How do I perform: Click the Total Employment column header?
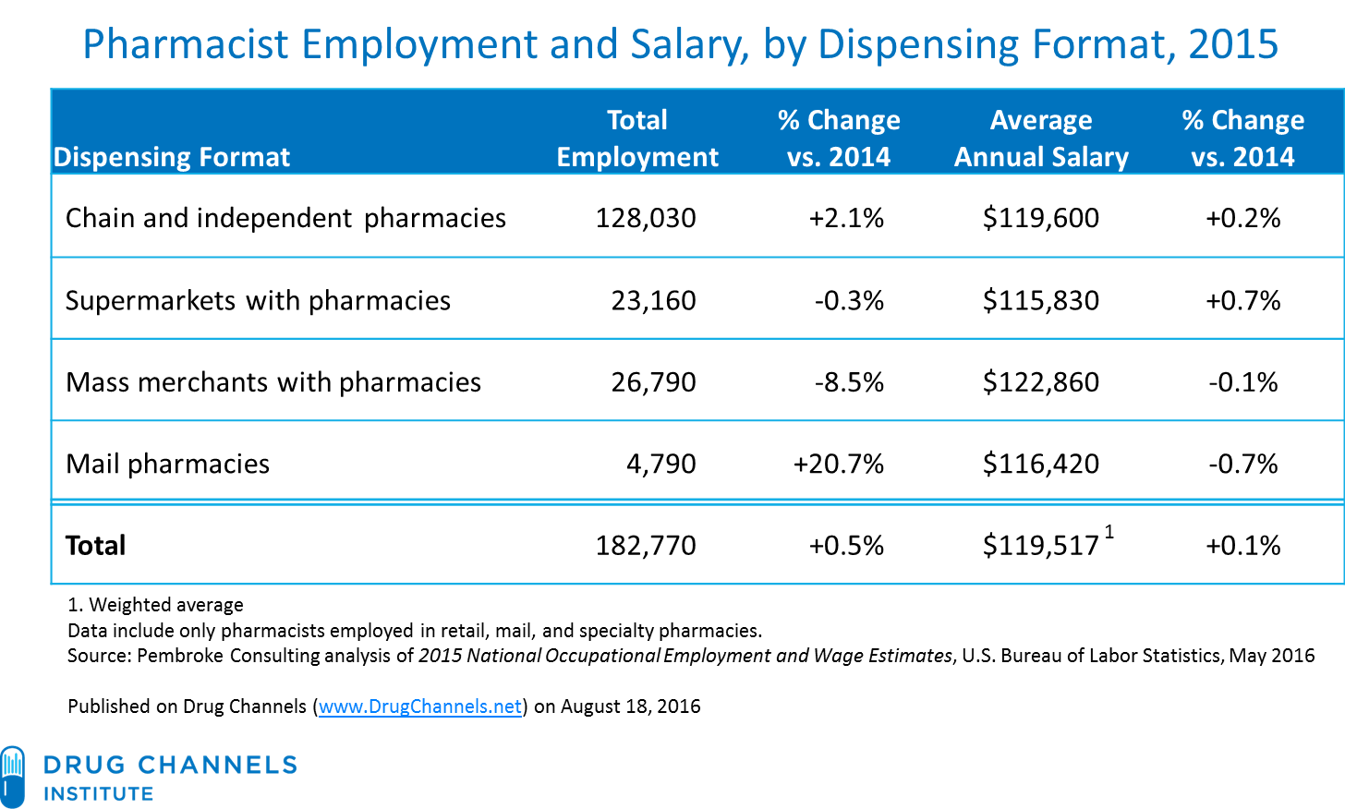[637, 138]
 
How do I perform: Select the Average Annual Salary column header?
[1041, 138]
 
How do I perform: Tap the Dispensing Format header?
[172, 157]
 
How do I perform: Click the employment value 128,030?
[646, 218]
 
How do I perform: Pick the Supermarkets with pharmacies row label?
[258, 301]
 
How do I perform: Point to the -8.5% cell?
[849, 382]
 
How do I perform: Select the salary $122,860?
[1041, 382]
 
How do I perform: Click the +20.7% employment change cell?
[838, 464]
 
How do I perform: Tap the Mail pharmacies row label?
[167, 465]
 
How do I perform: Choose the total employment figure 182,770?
[646, 546]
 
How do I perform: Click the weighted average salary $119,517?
[1040, 546]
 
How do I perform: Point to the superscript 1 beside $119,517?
[1109, 532]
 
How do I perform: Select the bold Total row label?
[95, 546]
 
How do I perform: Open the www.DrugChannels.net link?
[419, 706]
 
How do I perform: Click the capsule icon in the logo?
[12, 778]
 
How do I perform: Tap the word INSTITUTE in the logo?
[99, 794]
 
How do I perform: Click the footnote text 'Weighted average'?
[165, 605]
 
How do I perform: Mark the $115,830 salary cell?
[1041, 301]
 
